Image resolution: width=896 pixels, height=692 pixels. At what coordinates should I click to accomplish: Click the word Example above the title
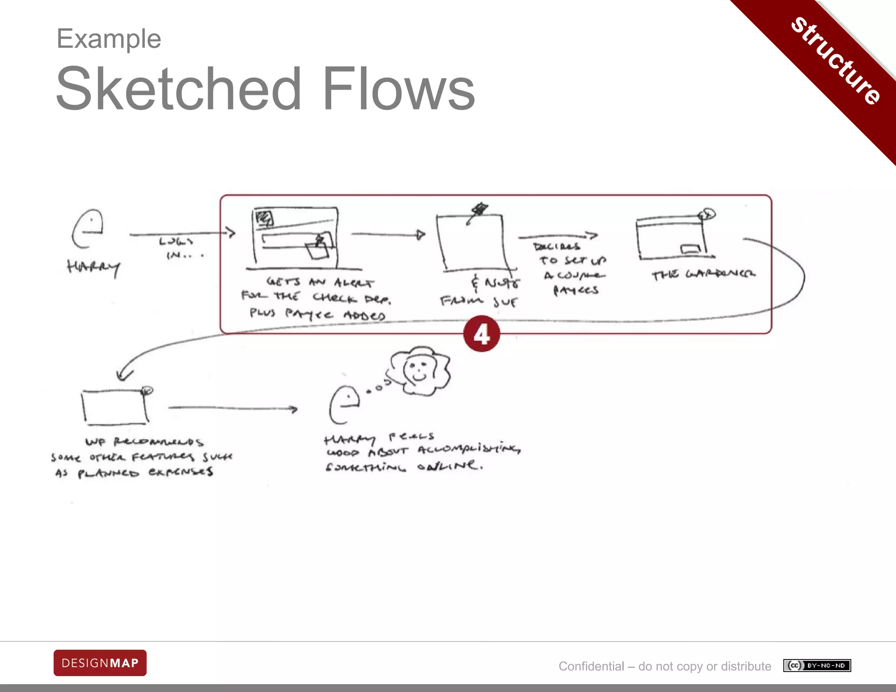[109, 39]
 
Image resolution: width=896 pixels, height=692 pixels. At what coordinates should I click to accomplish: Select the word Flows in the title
[399, 89]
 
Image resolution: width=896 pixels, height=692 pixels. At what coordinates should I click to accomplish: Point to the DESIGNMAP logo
[100, 663]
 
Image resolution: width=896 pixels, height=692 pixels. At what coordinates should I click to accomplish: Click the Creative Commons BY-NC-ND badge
[817, 665]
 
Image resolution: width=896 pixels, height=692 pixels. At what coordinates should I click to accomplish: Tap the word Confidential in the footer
[591, 666]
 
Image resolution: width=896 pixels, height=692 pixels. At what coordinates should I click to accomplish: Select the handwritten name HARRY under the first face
[93, 266]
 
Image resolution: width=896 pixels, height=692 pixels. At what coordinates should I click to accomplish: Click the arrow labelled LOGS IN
[182, 234]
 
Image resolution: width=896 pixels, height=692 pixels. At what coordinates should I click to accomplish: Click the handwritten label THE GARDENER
[703, 274]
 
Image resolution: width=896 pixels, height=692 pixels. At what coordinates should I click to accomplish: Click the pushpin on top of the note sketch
[479, 210]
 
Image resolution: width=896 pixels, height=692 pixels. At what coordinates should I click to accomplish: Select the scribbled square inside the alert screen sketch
[265, 217]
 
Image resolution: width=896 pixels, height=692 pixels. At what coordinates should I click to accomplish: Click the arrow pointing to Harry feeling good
[233, 409]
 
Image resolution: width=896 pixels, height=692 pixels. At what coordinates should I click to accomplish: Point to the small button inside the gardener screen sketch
[690, 249]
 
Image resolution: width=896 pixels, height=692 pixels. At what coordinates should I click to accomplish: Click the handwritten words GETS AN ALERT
[320, 282]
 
